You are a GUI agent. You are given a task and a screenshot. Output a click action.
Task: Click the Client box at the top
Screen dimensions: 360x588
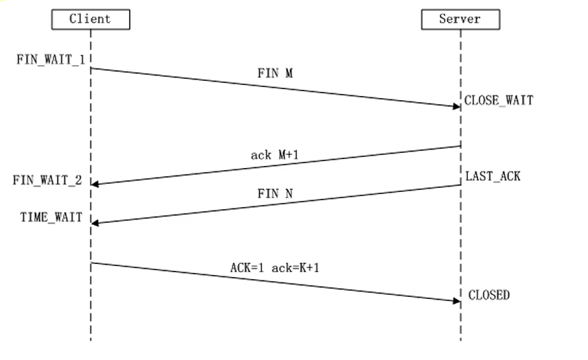pyautogui.click(x=90, y=19)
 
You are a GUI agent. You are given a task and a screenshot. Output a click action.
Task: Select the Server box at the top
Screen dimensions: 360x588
pyautogui.click(x=460, y=19)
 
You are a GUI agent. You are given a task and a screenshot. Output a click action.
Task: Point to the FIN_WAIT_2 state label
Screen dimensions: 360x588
pyautogui.click(x=47, y=180)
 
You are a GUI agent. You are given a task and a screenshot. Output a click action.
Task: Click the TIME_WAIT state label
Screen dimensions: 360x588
pyautogui.click(x=51, y=217)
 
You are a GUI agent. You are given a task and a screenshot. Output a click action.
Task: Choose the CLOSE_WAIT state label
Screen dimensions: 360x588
pyautogui.click(x=498, y=100)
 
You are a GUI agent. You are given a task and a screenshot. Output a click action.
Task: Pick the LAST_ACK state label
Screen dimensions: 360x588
pyautogui.click(x=493, y=176)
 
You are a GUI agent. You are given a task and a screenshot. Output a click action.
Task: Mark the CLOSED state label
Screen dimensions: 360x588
pyautogui.click(x=489, y=296)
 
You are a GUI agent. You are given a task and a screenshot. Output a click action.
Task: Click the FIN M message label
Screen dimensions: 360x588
pyautogui.click(x=274, y=73)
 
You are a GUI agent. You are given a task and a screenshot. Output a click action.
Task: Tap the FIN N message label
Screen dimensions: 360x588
pyautogui.click(x=275, y=194)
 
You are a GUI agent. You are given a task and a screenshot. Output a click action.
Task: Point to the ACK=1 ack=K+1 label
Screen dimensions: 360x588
pyautogui.click(x=274, y=267)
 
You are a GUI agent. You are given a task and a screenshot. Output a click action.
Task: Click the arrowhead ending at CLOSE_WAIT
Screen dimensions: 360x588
pyautogui.click(x=456, y=106)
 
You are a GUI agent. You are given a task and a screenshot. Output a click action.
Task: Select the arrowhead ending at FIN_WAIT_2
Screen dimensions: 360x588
pyautogui.click(x=95, y=184)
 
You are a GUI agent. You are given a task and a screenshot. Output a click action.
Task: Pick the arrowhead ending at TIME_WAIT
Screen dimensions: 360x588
pyautogui.click(x=95, y=222)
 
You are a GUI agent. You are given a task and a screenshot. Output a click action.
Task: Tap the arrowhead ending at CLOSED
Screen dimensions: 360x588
pyautogui.click(x=456, y=300)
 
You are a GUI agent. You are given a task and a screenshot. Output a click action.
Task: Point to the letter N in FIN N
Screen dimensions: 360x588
pyautogui.click(x=289, y=194)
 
